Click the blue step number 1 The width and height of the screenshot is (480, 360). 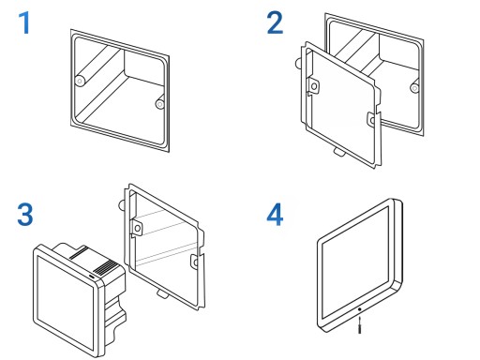[24, 22]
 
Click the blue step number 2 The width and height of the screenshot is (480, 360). [275, 22]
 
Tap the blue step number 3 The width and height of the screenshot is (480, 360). [25, 215]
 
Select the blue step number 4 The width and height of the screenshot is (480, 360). [275, 215]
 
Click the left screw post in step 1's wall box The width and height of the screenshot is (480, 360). [80, 82]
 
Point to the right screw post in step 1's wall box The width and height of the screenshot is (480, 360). [160, 104]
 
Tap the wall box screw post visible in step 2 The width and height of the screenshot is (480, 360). [414, 88]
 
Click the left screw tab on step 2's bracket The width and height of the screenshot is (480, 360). [313, 86]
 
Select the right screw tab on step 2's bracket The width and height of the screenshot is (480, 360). [372, 119]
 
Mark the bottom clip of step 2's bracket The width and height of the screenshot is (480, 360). [339, 152]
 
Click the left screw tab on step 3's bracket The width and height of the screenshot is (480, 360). [137, 228]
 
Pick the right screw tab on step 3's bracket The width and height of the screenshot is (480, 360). [195, 262]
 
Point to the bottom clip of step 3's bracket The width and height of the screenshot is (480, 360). [162, 293]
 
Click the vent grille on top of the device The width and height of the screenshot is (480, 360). [105, 268]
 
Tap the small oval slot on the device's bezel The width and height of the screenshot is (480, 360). [93, 277]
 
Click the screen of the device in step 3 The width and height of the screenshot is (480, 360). [65, 302]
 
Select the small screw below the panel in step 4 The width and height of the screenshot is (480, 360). [360, 325]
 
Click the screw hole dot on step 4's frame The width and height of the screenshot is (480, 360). [360, 309]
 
